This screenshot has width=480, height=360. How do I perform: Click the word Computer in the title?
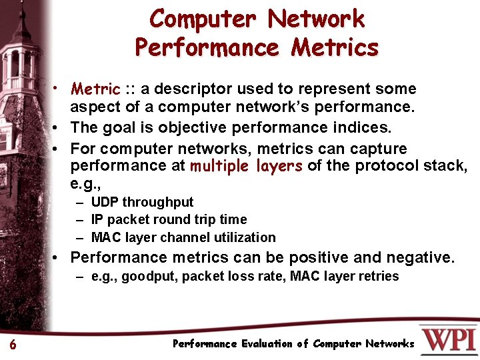(x=201, y=19)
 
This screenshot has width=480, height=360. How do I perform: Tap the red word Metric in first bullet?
(x=95, y=89)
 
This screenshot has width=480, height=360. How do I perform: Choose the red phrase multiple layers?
(x=246, y=166)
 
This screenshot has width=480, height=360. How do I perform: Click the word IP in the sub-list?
(x=97, y=219)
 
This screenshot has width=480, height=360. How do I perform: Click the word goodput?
(x=150, y=276)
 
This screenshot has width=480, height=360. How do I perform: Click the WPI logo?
(x=449, y=339)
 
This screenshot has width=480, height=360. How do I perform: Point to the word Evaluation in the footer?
(x=261, y=344)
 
